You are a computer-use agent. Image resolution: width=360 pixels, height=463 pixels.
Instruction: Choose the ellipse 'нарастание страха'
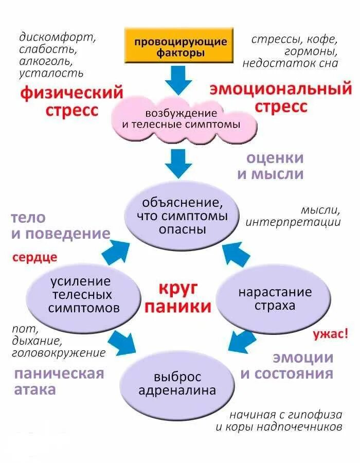point(274,299)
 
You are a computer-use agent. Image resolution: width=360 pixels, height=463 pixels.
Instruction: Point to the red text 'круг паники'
point(177,298)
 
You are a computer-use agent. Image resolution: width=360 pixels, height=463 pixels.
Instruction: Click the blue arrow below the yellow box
point(178,80)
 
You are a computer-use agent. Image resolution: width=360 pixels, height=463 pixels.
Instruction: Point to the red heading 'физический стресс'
point(71,101)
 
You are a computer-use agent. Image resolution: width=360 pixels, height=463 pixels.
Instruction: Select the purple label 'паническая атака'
point(59,381)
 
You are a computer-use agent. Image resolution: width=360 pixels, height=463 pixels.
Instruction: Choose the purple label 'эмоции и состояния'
point(287,365)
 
